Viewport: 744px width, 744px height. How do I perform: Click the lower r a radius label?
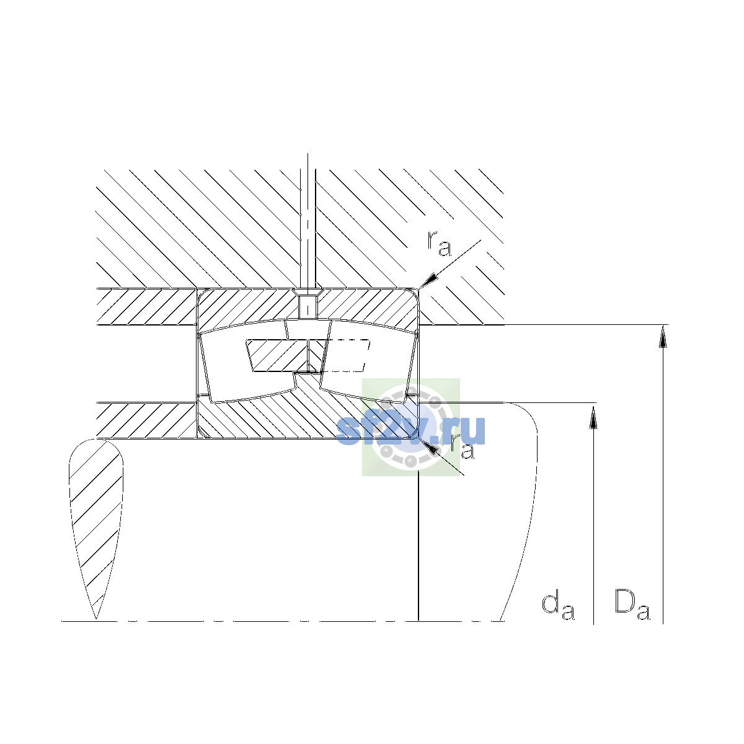(x=463, y=446)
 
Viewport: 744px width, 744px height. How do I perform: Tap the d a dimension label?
(x=558, y=606)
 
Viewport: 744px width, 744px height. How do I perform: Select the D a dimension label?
(x=632, y=604)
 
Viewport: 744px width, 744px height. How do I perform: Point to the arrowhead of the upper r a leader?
(x=428, y=280)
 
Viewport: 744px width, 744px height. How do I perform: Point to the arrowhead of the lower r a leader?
(x=430, y=446)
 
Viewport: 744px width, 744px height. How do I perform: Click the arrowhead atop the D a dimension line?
(x=663, y=336)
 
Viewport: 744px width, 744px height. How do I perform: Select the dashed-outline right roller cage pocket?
(x=345, y=355)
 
